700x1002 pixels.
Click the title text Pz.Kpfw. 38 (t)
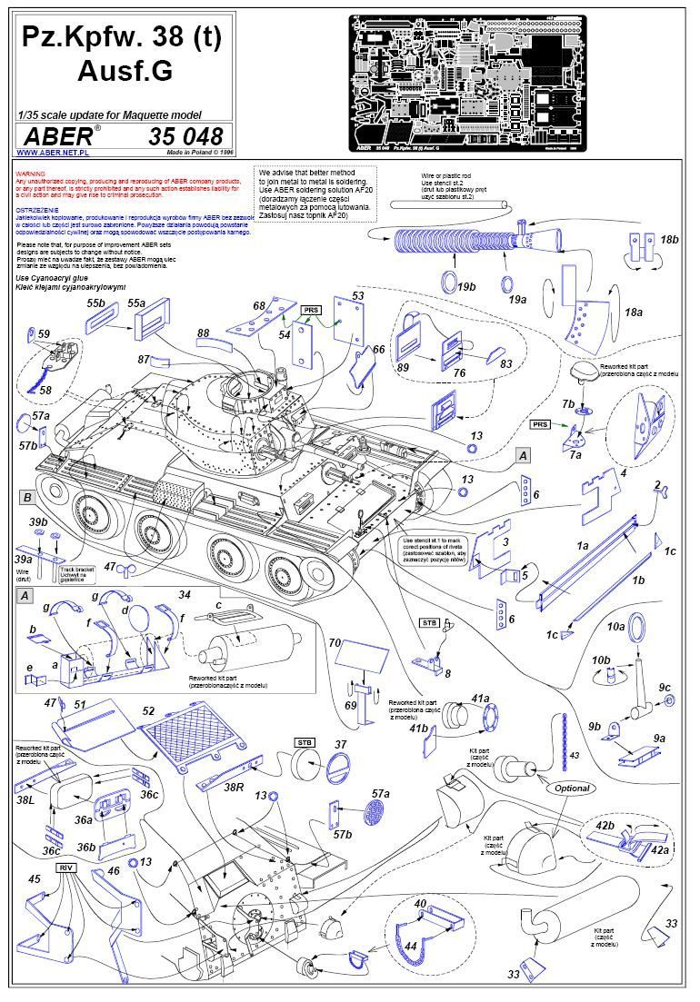[x=121, y=39]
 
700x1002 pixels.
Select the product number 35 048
[x=185, y=136]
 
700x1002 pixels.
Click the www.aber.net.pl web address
[x=46, y=154]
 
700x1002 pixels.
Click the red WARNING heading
[x=31, y=172]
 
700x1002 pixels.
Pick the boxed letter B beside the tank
[x=28, y=497]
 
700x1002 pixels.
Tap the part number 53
[x=357, y=296]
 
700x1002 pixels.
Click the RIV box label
[x=65, y=868]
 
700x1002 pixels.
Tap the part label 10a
[x=616, y=627]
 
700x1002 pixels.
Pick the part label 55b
[x=96, y=303]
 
